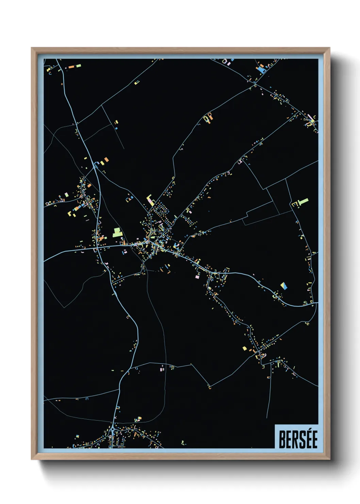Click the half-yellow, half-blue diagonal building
point(284,285)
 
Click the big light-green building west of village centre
point(117,232)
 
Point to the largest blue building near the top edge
point(261,70)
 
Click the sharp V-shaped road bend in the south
point(209,387)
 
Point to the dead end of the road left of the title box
point(267,418)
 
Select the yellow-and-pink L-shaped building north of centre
point(150,199)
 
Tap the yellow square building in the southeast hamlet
point(244,348)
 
